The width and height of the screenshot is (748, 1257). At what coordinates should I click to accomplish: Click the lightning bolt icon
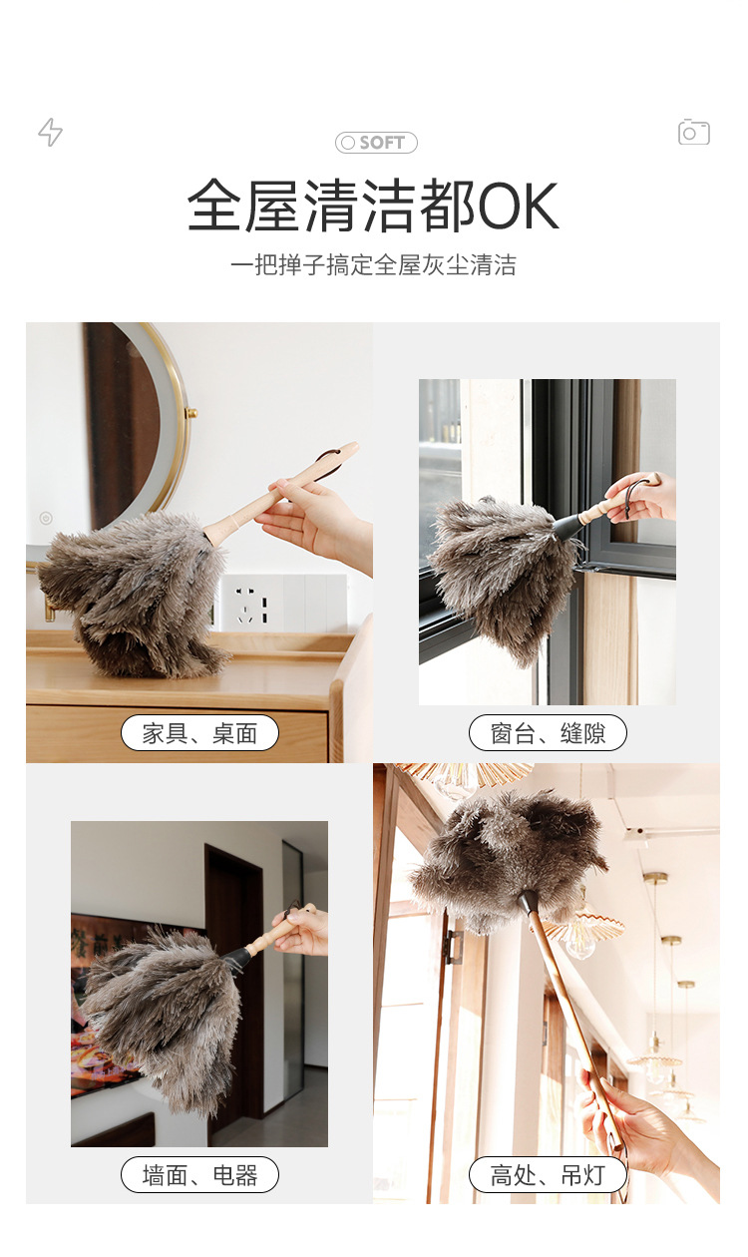pos(50,132)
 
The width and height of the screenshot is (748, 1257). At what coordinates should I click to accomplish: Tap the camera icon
pos(693,132)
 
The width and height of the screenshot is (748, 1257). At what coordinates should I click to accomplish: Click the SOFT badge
pos(376,143)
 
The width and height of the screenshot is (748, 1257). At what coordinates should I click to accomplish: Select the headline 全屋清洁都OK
pos(373,207)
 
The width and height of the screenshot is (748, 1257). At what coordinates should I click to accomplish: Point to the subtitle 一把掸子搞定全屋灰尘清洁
pos(373,265)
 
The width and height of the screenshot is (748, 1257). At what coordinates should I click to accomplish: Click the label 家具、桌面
pos(199,733)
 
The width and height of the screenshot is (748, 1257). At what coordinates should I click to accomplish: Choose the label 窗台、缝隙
pos(548,733)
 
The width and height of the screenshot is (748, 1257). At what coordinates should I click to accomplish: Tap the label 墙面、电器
pos(199,1174)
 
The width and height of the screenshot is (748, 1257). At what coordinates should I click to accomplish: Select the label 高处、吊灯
pos(548,1174)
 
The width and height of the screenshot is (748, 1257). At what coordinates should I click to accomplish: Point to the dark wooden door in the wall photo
pos(234,958)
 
